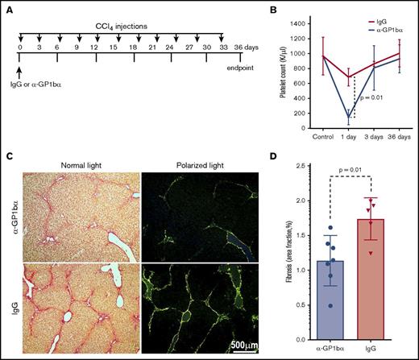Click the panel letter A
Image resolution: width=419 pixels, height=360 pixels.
pyautogui.click(x=7, y=9)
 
